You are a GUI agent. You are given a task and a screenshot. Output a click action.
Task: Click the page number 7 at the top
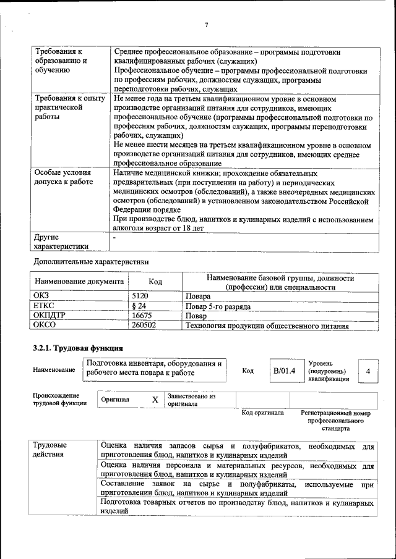click(x=206, y=25)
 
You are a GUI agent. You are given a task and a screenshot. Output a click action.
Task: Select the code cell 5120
click(x=140, y=296)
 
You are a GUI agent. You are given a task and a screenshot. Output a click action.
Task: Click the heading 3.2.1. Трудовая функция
click(x=78, y=348)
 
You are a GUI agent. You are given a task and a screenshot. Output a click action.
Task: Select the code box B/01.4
click(x=285, y=371)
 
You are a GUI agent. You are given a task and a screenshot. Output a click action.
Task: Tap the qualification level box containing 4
click(x=368, y=371)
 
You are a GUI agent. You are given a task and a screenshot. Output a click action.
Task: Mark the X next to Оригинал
click(x=155, y=400)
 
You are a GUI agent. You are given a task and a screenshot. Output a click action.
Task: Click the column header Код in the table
click(x=155, y=282)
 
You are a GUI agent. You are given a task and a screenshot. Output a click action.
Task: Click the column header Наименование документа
click(x=79, y=282)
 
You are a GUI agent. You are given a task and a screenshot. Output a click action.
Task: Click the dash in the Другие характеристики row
click(x=114, y=237)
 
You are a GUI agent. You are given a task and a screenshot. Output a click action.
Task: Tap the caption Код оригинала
click(x=262, y=413)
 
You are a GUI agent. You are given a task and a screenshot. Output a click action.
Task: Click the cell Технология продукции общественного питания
click(x=267, y=326)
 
